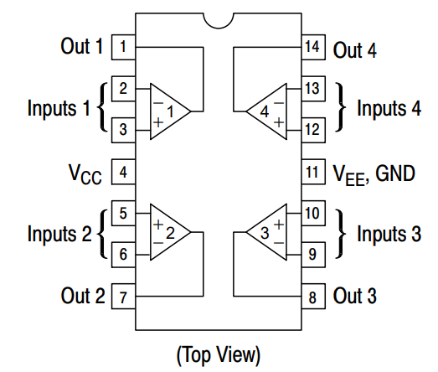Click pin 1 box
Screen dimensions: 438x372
[123, 47]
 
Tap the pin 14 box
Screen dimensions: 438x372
[313, 47]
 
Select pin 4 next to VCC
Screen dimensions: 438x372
[123, 172]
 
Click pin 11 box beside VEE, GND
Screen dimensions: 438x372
[313, 172]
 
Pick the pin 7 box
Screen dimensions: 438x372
[123, 297]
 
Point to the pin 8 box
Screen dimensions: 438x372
[313, 297]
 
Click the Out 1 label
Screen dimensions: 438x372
[81, 46]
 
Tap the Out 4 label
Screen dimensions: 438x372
[355, 50]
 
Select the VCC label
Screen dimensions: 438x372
[85, 174]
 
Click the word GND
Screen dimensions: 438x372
[395, 173]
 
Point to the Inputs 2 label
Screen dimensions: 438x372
[59, 234]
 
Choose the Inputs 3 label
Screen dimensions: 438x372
[389, 234]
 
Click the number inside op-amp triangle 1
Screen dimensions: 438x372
[170, 111]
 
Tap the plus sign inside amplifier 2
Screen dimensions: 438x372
[158, 225]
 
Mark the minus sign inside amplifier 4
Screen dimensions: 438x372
[279, 103]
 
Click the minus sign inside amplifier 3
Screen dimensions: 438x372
[279, 243]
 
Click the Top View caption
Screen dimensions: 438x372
[219, 355]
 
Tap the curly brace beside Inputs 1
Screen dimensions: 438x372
[103, 107]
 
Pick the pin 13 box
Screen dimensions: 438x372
[313, 89]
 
